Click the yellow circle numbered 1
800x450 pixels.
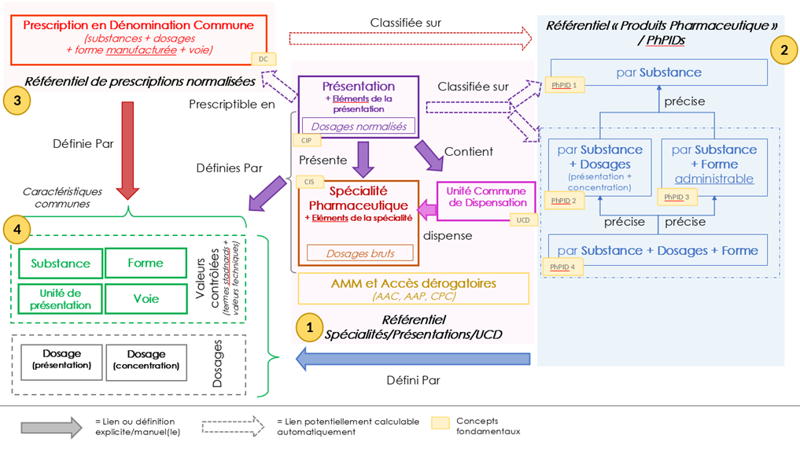(309, 327)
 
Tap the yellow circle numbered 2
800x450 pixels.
(784, 50)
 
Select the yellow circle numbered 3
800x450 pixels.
(17, 100)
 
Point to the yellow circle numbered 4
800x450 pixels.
(17, 229)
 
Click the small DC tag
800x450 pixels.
(264, 59)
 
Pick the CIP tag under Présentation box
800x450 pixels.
(306, 140)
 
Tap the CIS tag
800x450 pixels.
(309, 182)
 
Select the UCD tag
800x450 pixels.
(523, 220)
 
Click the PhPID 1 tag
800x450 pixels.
(564, 85)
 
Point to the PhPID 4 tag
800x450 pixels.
(562, 267)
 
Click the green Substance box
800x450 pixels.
(61, 264)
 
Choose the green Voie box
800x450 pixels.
(146, 298)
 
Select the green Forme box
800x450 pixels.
(146, 263)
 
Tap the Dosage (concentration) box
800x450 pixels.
(146, 363)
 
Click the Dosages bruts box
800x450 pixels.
(360, 253)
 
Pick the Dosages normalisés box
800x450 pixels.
(359, 126)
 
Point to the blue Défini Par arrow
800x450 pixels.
(413, 360)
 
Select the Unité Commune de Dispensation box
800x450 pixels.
(486, 201)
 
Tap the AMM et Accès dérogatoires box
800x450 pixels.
(413, 289)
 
